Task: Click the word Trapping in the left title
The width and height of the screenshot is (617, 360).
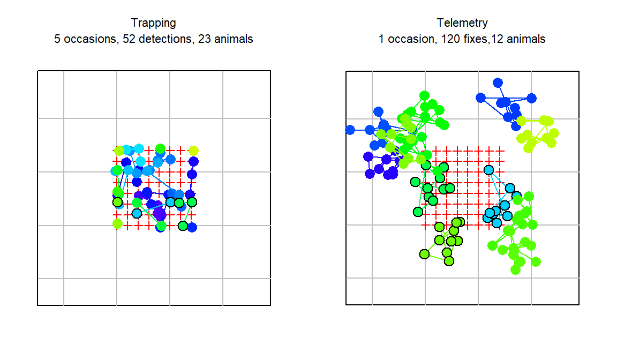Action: coord(153,23)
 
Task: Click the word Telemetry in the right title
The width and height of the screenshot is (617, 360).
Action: coord(462,23)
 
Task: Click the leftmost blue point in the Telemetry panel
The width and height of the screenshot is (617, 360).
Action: coord(350,130)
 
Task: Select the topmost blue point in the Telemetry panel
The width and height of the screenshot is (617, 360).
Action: coord(498,82)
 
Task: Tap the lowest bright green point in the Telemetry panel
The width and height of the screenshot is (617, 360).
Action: coord(515,269)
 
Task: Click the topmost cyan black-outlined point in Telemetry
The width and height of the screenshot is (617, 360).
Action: coord(488,170)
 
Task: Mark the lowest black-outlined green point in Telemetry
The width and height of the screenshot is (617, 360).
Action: coord(449,261)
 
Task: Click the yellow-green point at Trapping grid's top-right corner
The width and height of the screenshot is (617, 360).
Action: coord(193,151)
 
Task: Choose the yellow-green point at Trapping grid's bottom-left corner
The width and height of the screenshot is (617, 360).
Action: coord(117,223)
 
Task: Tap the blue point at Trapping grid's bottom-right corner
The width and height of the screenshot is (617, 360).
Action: coord(192,227)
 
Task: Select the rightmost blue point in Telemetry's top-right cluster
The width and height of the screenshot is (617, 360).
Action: coord(531,98)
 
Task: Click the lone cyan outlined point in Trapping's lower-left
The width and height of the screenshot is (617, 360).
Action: coord(137,213)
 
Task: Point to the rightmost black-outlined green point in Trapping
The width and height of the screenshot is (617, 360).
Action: coord(192,202)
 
